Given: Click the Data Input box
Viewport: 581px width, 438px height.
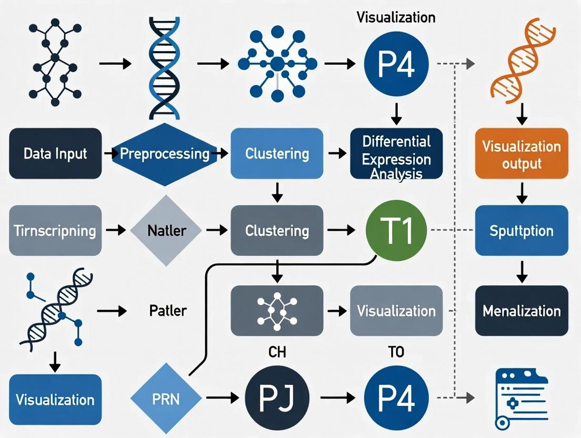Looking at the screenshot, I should tap(55, 153).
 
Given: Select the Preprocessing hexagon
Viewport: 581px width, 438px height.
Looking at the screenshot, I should tap(165, 153).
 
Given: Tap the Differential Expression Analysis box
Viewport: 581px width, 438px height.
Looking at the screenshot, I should tap(396, 153).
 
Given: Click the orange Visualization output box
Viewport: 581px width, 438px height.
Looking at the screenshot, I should tap(522, 153).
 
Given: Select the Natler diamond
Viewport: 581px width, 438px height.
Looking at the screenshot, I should tap(166, 231).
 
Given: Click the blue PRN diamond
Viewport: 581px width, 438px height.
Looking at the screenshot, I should tap(166, 399).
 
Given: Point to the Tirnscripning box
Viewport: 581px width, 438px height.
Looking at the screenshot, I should tap(55, 231).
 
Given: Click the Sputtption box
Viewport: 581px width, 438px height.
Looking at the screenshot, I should tap(522, 231).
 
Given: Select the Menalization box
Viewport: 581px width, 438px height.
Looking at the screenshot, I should tap(522, 311).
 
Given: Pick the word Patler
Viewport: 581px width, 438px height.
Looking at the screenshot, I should tap(168, 311).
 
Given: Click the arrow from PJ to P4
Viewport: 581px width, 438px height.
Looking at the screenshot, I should tap(336, 399).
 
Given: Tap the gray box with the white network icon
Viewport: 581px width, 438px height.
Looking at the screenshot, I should tap(277, 311).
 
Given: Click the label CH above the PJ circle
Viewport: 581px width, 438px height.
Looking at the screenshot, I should tap(277, 352).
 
